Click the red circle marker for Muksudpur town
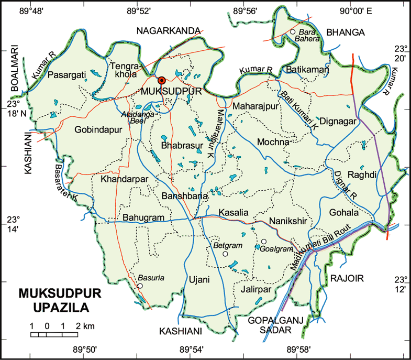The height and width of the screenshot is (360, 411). tap(162, 80)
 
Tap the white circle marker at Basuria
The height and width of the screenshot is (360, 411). tap(140, 286)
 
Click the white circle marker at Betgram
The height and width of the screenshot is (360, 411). tap(225, 254)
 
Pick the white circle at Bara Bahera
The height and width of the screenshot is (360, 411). tap(293, 32)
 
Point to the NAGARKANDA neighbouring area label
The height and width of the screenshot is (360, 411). tap(169, 31)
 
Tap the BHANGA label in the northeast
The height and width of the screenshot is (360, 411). tap(345, 32)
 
